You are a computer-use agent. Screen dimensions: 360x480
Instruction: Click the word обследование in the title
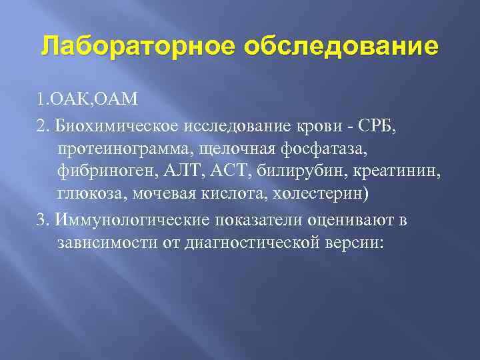[342, 48]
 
